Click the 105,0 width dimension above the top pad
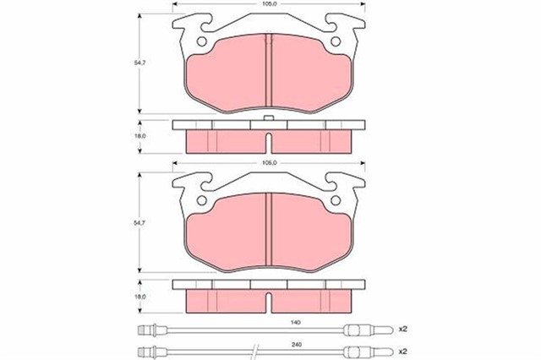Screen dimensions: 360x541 (269, 4)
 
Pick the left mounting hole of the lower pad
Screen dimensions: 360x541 (202, 202)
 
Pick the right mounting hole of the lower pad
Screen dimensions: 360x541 (336, 202)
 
